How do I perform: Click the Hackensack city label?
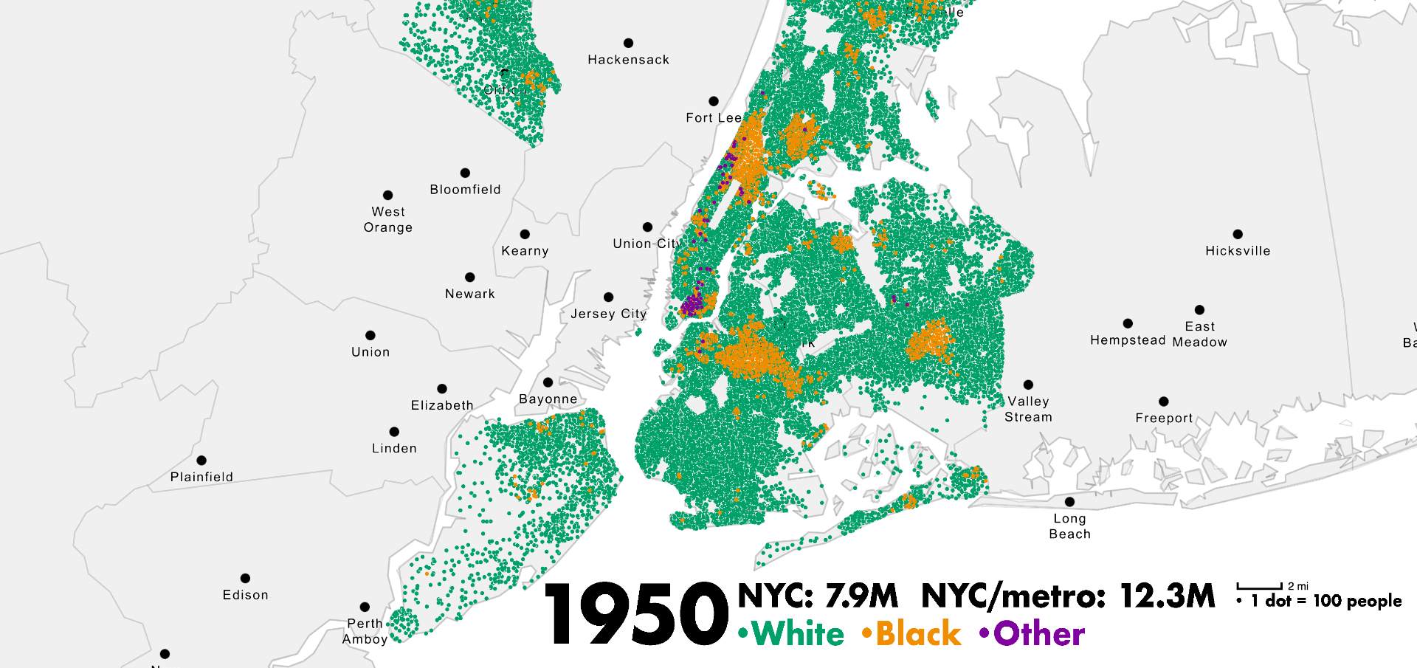click(628, 60)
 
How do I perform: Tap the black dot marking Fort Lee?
click(713, 101)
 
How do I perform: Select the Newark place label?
click(469, 294)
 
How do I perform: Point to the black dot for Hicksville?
click(1238, 234)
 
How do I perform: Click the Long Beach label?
click(1069, 526)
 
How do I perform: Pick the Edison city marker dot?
click(245, 578)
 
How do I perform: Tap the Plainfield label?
click(201, 477)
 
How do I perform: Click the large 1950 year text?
click(636, 614)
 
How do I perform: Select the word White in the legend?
click(799, 633)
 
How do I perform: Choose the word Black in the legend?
click(919, 633)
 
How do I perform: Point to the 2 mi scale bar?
click(1260, 587)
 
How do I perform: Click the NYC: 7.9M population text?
click(818, 596)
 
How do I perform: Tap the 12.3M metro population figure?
click(1167, 596)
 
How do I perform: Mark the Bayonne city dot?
click(548, 382)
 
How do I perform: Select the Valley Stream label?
click(1028, 409)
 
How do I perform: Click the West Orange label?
click(388, 220)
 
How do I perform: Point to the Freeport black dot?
click(1164, 402)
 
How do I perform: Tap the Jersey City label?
click(608, 314)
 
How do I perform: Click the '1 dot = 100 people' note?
click(1325, 601)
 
